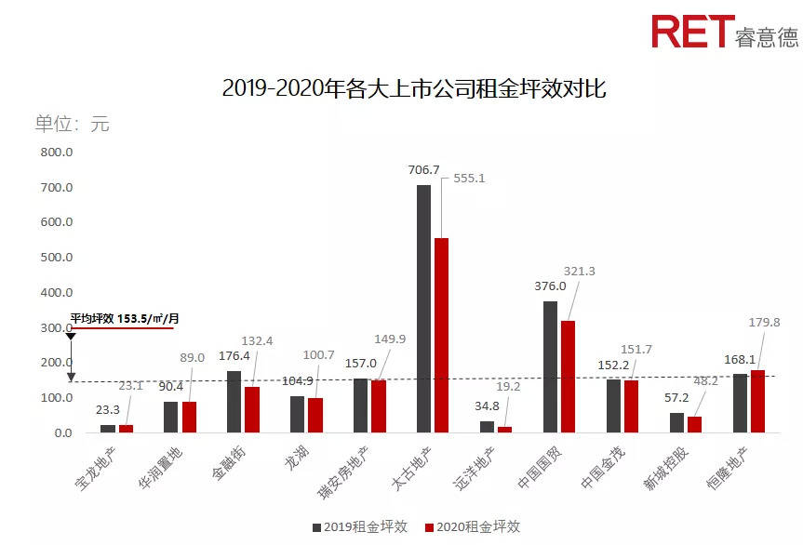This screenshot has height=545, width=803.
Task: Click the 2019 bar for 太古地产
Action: click(x=423, y=309)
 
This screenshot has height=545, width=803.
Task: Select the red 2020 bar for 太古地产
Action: click(x=441, y=335)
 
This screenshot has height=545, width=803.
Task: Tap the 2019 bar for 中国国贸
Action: click(x=550, y=367)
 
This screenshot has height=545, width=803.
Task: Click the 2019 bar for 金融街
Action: click(x=234, y=402)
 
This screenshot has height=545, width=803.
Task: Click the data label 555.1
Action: click(x=469, y=178)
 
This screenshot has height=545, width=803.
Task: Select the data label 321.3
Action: click(x=596, y=271)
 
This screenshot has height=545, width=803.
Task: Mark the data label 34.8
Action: click(x=486, y=405)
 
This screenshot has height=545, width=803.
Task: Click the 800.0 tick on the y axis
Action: click(x=56, y=153)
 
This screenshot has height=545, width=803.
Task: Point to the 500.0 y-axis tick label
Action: click(x=56, y=258)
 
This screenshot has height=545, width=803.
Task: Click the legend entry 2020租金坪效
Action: click(x=472, y=526)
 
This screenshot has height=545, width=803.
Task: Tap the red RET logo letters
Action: click(x=692, y=32)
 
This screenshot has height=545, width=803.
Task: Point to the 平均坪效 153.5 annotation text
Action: click(x=125, y=319)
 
